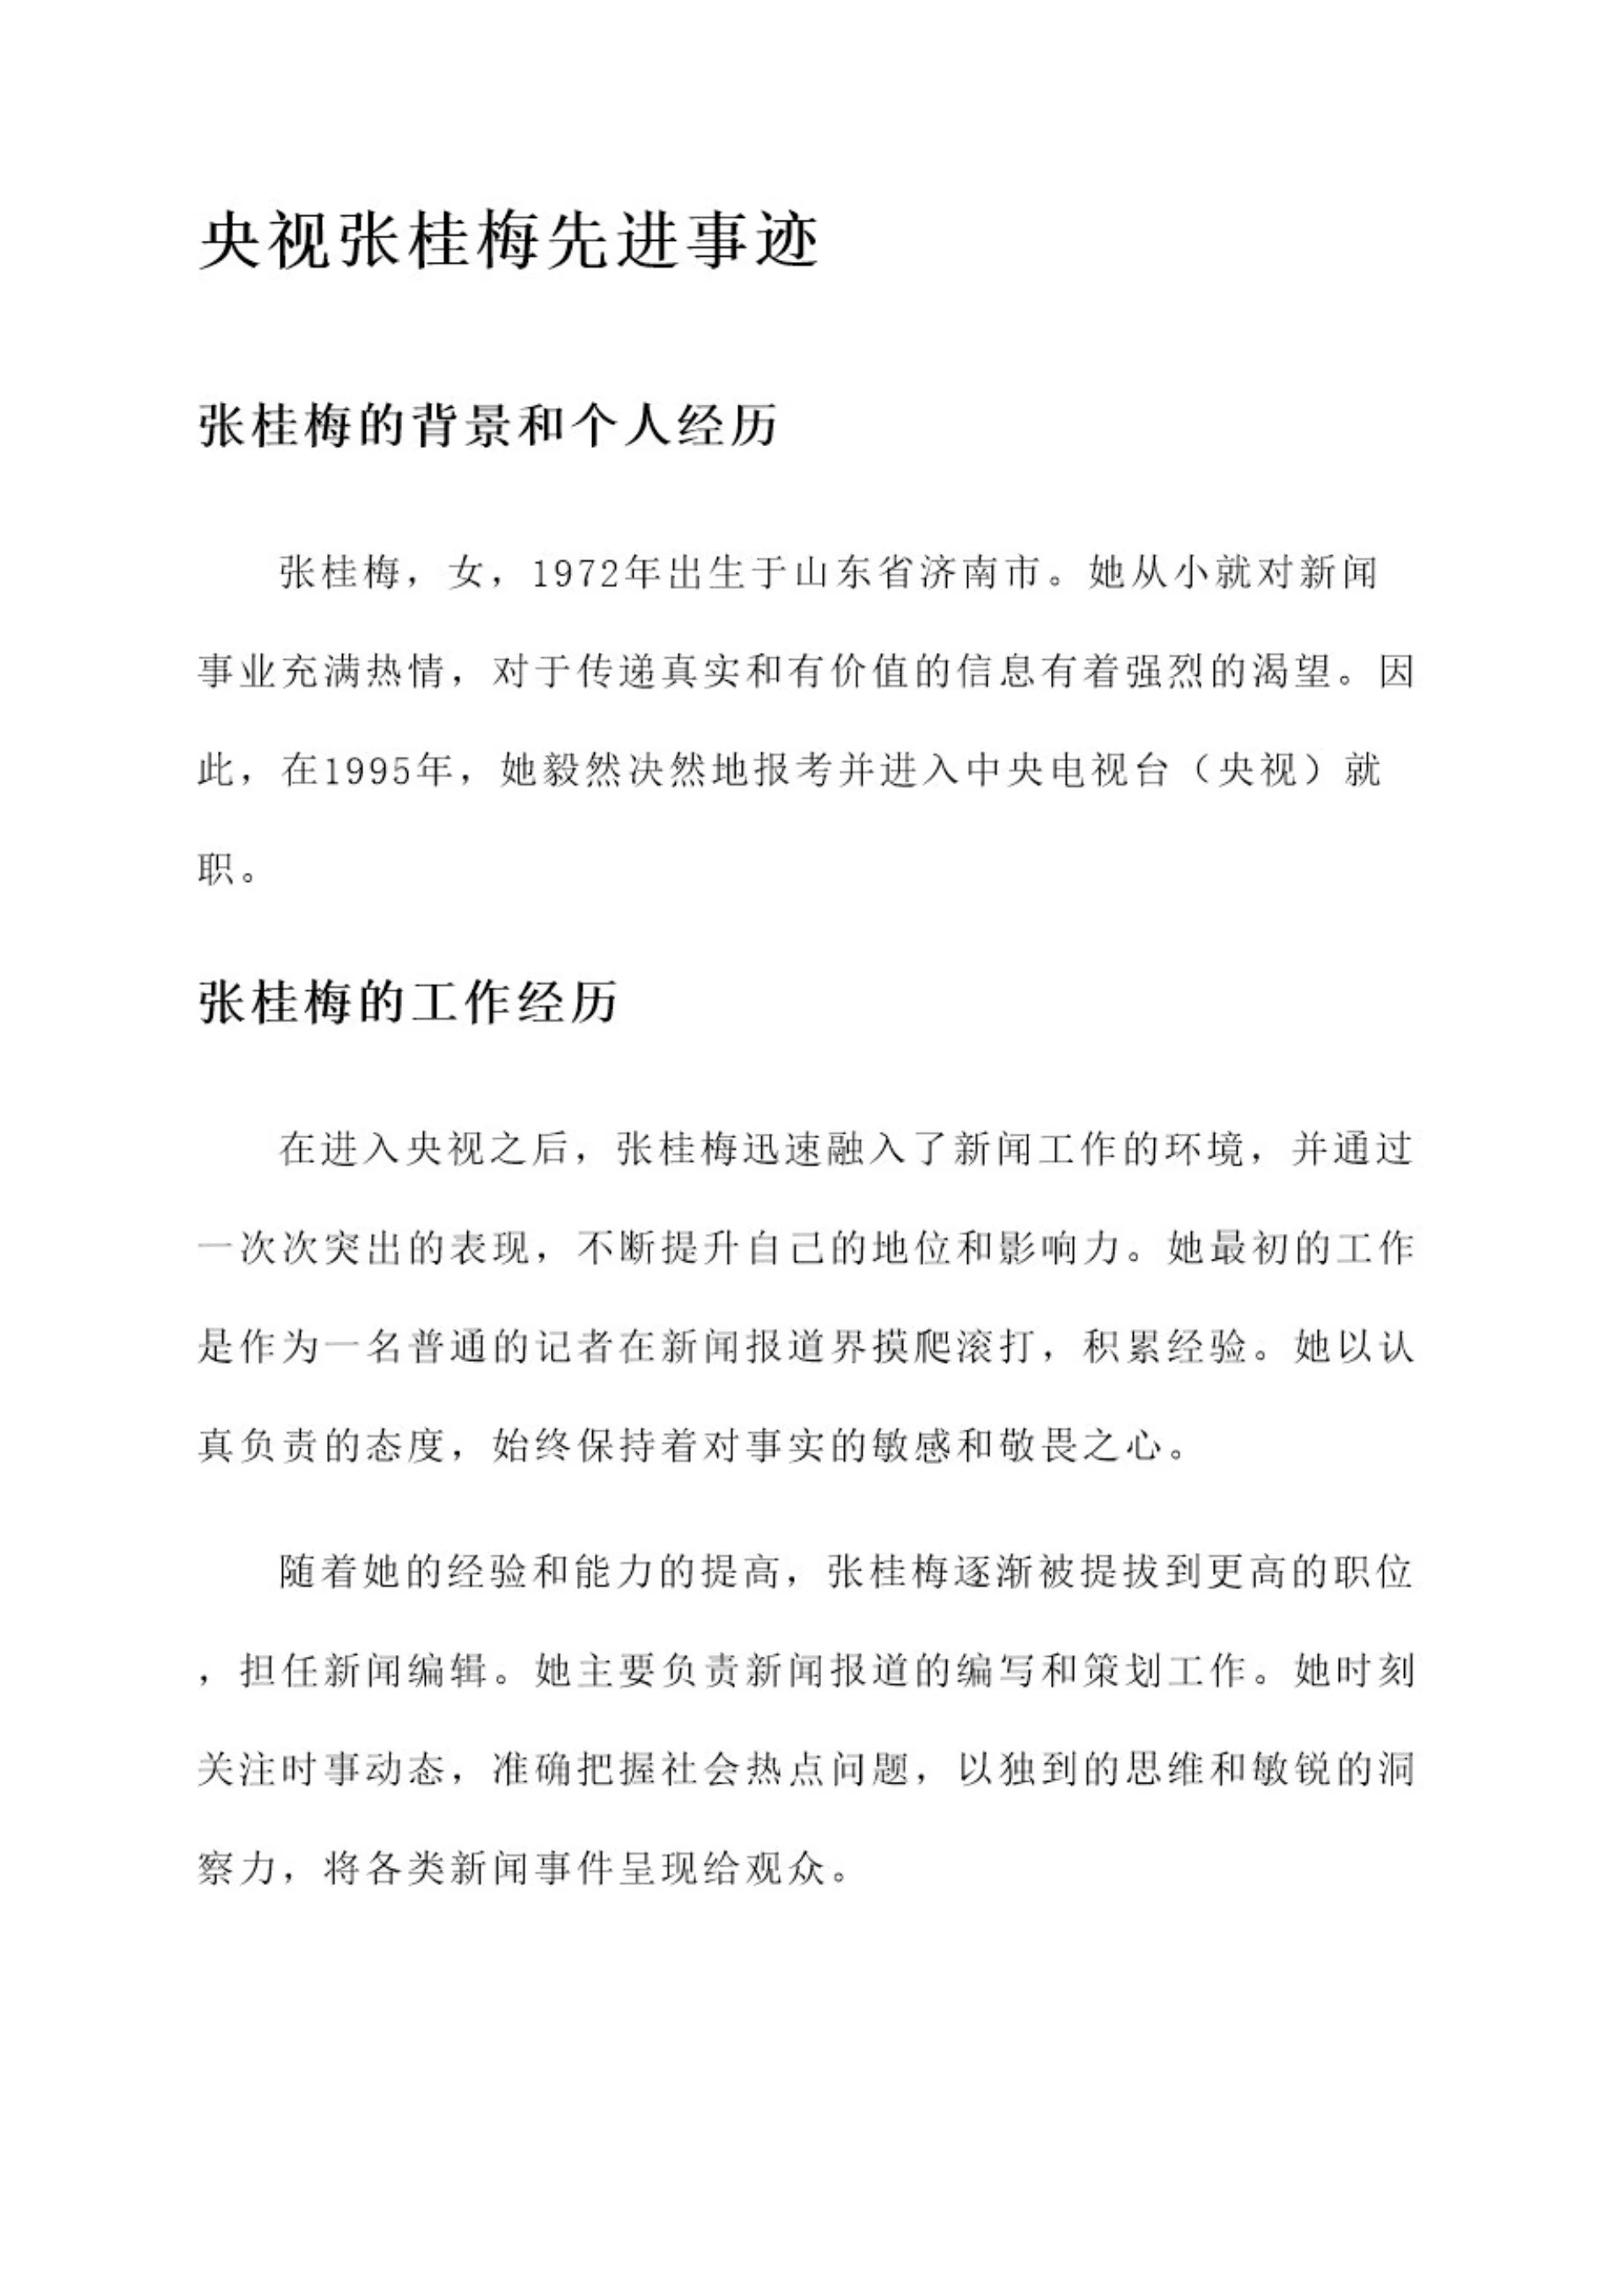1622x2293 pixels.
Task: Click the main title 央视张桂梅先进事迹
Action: [509, 242]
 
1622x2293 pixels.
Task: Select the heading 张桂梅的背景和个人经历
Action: [488, 426]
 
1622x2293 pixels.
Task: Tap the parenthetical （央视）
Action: [1257, 771]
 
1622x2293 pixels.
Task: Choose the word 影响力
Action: [1059, 1250]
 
